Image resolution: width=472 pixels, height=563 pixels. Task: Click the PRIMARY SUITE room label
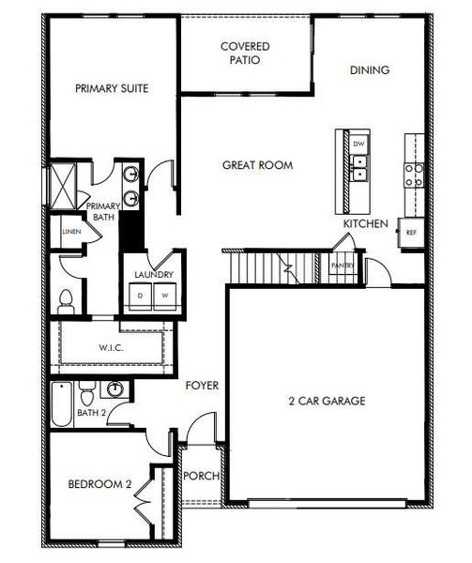[x=112, y=88]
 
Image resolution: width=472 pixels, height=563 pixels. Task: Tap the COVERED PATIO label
[x=245, y=53]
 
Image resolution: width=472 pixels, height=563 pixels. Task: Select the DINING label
[x=370, y=69]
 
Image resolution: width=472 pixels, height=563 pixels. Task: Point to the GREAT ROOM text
[x=257, y=165]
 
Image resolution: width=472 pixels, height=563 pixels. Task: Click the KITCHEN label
[x=366, y=224]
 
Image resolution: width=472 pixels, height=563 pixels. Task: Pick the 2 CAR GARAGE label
[x=327, y=401]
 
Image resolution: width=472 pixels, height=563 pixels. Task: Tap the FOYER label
[x=202, y=385]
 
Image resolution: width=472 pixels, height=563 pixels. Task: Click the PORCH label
[x=202, y=476]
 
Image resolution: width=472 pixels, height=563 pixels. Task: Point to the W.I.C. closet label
[x=112, y=347]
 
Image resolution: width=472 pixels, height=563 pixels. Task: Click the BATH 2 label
[x=91, y=412]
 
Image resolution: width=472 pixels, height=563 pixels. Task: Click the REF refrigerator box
[x=411, y=232]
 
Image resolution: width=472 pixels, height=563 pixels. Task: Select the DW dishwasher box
[x=358, y=144]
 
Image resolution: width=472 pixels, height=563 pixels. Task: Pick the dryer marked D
[x=140, y=295]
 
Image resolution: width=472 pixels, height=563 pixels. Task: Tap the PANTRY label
[x=342, y=266]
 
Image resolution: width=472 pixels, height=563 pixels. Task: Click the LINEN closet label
[x=69, y=231]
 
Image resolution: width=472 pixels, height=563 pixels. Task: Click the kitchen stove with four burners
[x=413, y=174]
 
